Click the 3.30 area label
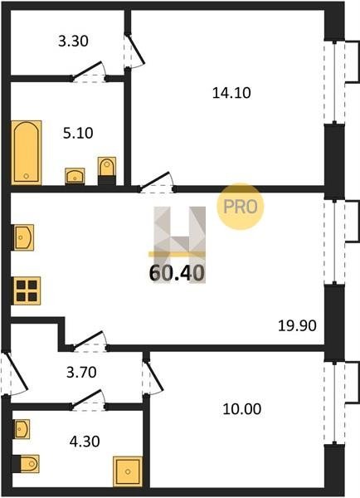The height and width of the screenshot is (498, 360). pos(73,41)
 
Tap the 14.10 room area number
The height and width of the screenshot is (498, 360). pos(231,93)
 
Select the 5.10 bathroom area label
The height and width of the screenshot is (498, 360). pos(78,134)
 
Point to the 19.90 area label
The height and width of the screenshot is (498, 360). pos(297,326)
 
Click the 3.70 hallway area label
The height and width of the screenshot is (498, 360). pos(81,372)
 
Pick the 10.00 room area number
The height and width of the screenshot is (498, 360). pos(242,409)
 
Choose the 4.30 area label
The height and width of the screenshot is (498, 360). pos(85,442)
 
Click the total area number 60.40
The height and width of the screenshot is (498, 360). pos(177,273)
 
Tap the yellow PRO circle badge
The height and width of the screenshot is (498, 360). pos(241,207)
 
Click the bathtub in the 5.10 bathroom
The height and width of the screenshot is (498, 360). pos(27,153)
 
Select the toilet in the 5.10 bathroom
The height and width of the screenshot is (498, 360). pos(107,171)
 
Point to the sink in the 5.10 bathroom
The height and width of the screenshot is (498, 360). pos(75,176)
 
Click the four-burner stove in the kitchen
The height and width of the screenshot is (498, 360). pos(27,291)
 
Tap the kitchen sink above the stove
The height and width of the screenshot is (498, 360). pos(23,237)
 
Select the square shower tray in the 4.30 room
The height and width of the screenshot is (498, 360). pos(128,471)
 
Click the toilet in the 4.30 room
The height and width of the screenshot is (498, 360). pos(26,464)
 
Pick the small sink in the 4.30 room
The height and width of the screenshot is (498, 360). pos(22,429)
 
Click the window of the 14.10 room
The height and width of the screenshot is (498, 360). pos(334,81)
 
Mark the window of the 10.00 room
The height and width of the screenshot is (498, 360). pos(334,402)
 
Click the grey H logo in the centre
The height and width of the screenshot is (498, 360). pos(180,245)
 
